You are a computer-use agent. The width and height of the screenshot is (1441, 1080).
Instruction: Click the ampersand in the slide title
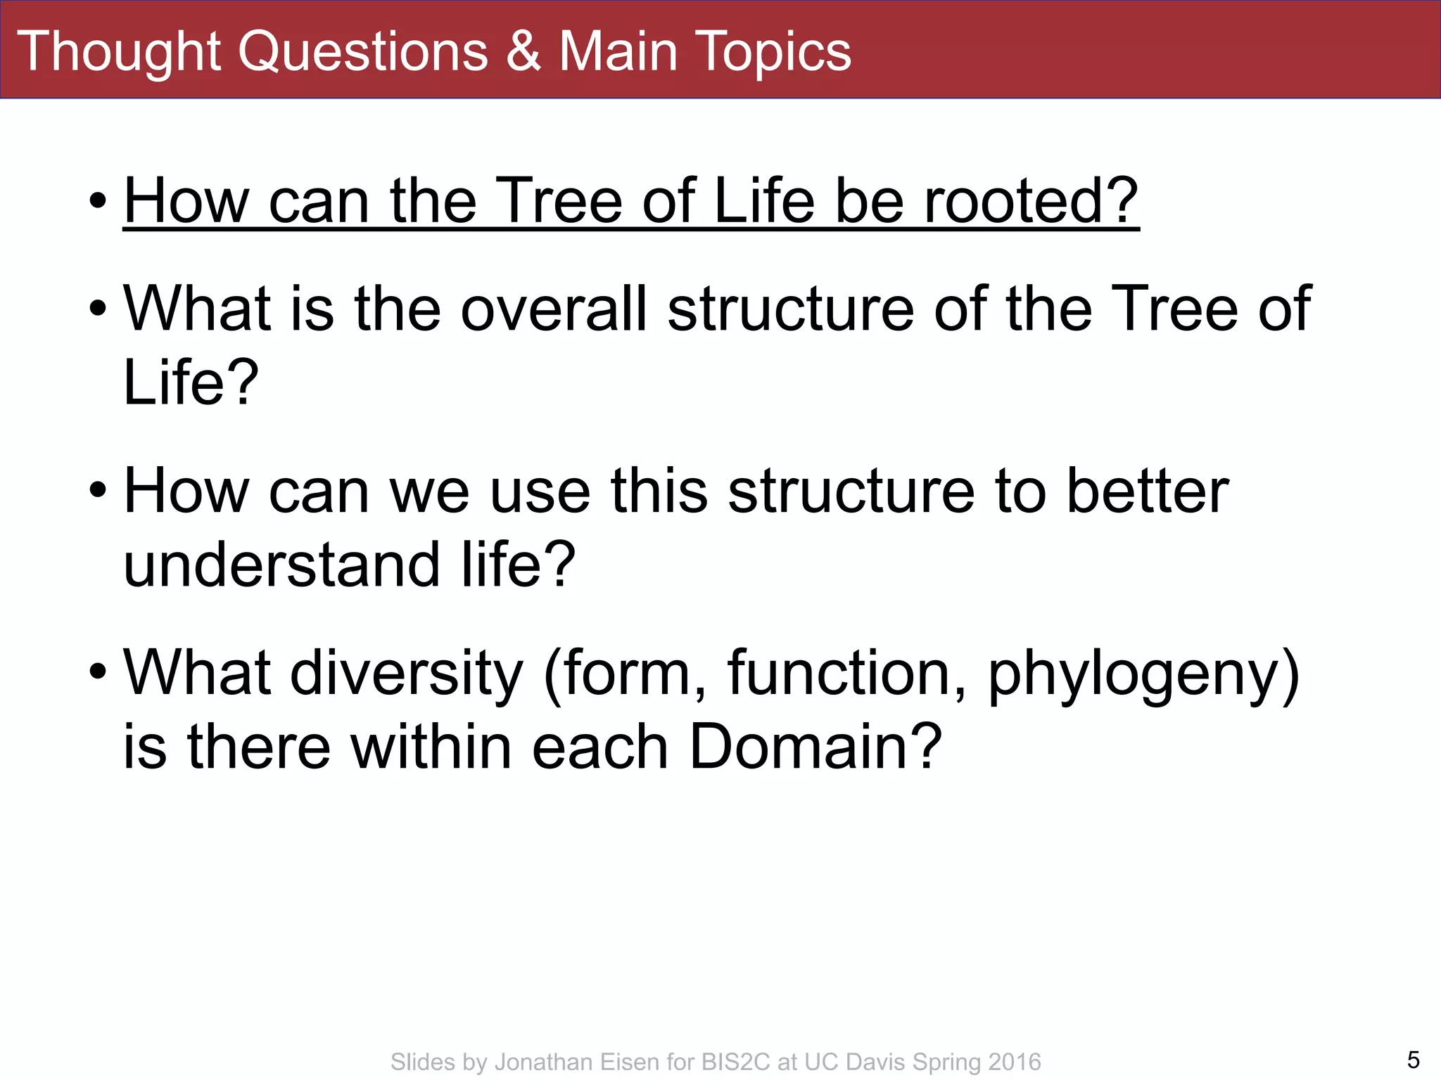pos(523,51)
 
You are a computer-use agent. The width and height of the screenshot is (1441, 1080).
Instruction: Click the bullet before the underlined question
pos(98,202)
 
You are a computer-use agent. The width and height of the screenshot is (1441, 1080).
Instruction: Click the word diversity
pos(407,673)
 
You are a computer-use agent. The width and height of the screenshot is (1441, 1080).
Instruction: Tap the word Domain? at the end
pos(815,746)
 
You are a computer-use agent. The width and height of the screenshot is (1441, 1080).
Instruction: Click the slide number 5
pos(1413,1059)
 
